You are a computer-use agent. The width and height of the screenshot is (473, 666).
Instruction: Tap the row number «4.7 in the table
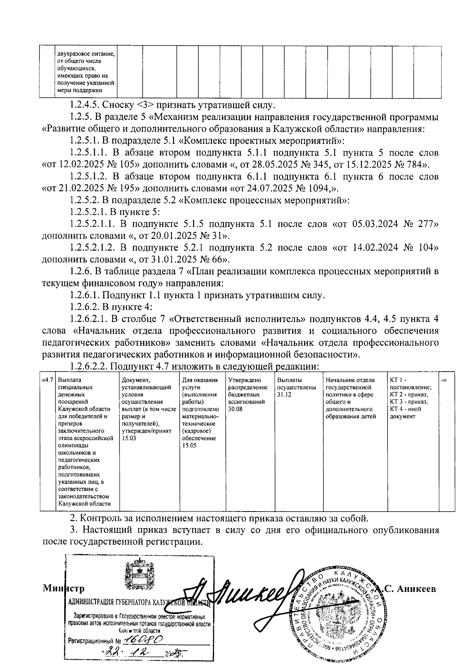tap(47, 380)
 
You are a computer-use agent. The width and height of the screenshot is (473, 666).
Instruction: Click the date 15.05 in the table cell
tap(189, 445)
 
